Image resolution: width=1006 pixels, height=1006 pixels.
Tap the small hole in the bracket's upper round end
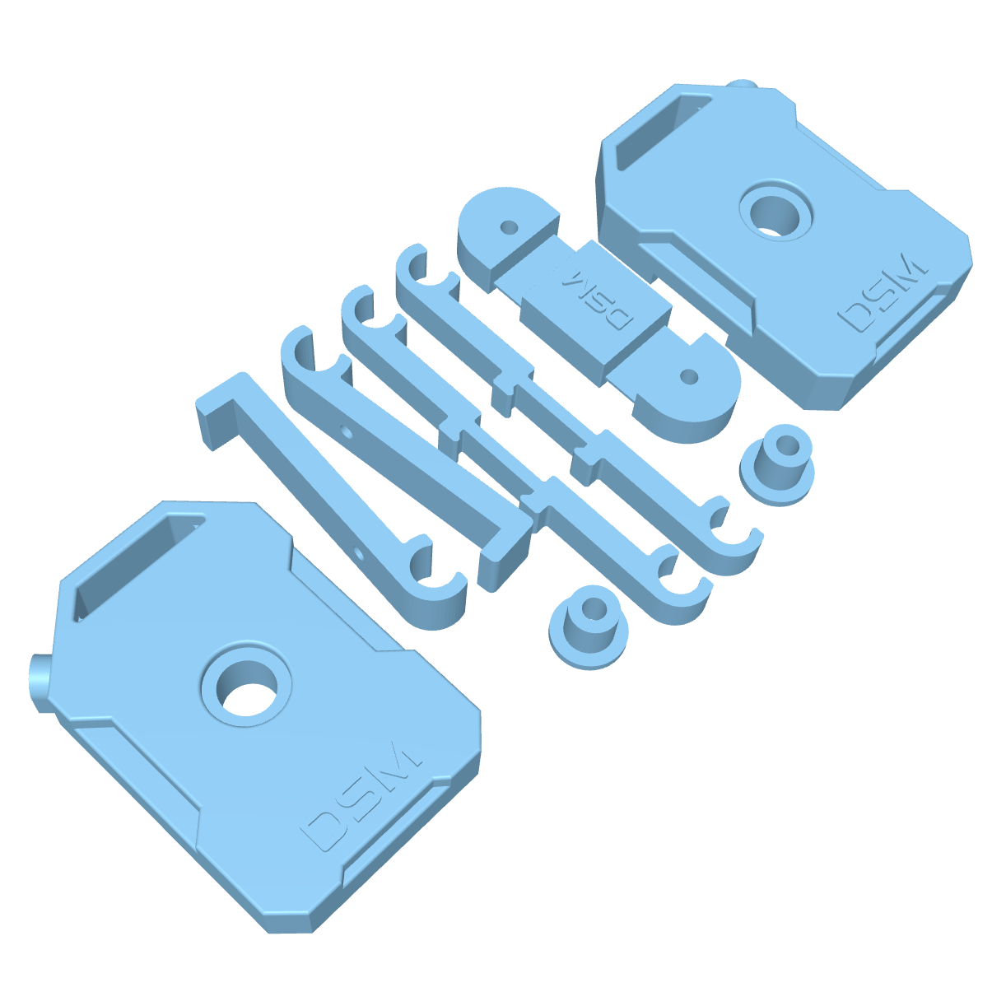tap(509, 225)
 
